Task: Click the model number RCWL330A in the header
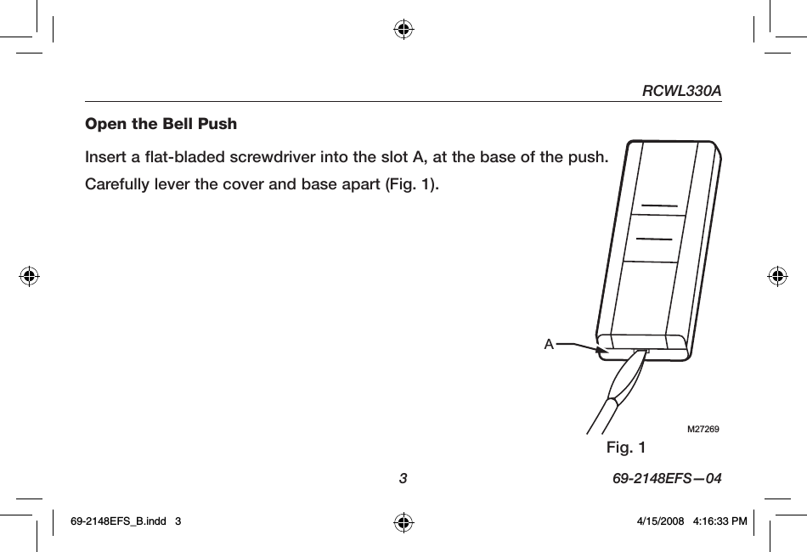[681, 90]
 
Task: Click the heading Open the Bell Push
[161, 124]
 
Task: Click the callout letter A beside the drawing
[549, 345]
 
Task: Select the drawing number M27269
[703, 430]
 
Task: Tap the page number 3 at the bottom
[403, 479]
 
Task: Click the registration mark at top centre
[403, 31]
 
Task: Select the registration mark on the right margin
[776, 275]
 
